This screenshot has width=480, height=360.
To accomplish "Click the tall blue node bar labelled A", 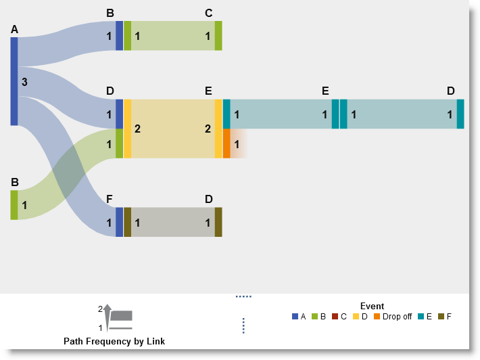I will coord(14,81).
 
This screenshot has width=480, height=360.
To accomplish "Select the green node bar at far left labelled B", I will coord(14,205).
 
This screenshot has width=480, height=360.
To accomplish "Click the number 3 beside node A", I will coord(24,83).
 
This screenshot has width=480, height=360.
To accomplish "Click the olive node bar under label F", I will coord(127,222).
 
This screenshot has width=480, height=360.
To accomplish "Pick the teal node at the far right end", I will coord(460,114).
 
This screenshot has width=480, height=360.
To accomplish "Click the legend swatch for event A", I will coord(295,316).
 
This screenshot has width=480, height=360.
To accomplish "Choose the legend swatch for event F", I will coord(441,316).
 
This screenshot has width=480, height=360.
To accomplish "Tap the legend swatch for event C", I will coord(334,316).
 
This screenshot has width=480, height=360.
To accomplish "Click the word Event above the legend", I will coord(372,306).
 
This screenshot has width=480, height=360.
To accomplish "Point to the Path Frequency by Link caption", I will coord(114,342).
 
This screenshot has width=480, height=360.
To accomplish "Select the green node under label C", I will coord(218,36).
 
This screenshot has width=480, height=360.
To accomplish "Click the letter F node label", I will coord(110,199).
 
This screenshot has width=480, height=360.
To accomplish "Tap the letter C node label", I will coord(208,13).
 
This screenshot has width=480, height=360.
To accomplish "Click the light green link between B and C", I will coord(172,36).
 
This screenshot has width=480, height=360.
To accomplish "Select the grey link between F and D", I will coord(172,222).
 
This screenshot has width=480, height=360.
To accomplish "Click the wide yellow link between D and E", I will coord(172,129).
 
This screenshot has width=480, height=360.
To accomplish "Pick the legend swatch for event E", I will coord(420,316).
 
